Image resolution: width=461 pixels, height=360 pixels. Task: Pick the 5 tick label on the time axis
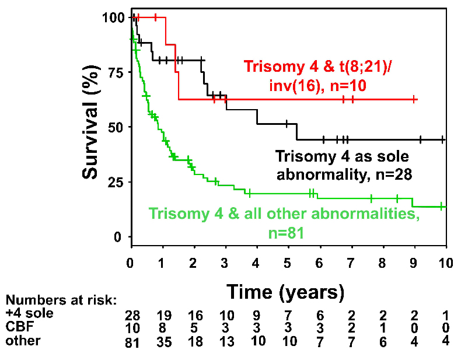(x=288, y=262)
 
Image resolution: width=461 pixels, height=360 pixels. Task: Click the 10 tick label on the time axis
(x=446, y=262)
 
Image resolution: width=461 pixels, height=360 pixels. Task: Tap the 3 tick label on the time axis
(x=225, y=262)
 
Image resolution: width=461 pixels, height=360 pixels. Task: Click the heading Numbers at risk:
(x=61, y=301)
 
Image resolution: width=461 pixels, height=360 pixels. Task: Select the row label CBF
(x=17, y=327)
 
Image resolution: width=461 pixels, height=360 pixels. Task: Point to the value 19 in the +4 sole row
(x=164, y=315)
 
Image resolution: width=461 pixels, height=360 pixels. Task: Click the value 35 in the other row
(x=164, y=341)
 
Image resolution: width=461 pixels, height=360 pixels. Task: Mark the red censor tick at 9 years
(x=414, y=99)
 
